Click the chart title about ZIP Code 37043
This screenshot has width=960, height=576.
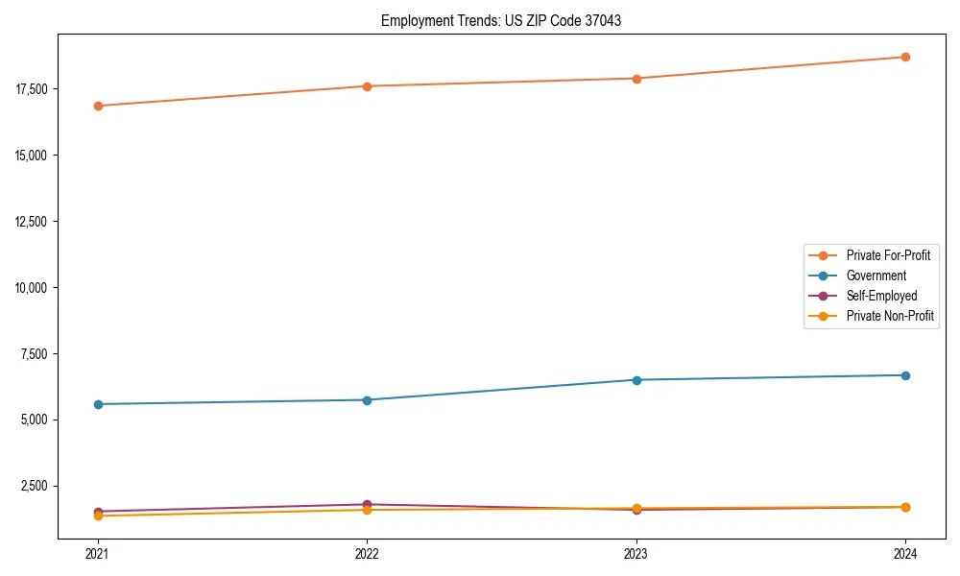(x=501, y=20)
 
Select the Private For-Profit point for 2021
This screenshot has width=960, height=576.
(x=98, y=106)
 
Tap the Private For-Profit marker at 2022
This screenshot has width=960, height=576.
(x=367, y=86)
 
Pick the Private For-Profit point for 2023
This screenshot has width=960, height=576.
(x=636, y=79)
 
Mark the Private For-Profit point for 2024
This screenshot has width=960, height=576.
(x=905, y=57)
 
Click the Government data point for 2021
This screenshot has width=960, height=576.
(x=98, y=404)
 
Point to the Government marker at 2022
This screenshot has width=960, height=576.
(x=367, y=399)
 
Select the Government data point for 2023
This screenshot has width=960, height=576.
(x=636, y=380)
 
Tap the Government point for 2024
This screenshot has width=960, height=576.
(x=905, y=375)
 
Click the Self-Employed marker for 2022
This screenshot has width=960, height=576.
(x=367, y=504)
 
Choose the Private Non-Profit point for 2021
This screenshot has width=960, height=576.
(x=98, y=516)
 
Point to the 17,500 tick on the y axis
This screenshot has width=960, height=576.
(x=35, y=89)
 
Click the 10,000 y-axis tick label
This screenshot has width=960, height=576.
(x=35, y=288)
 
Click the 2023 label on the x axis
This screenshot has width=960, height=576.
(x=636, y=554)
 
